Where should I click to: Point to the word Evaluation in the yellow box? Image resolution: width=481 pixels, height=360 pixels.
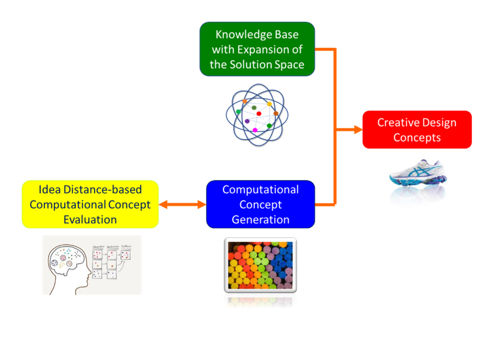90,220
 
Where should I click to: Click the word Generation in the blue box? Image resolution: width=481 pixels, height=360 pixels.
261,220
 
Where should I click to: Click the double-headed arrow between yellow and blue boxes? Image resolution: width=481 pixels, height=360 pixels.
182,205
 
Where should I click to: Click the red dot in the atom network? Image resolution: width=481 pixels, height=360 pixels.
259,114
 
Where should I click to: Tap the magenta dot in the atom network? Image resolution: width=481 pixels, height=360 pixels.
255,130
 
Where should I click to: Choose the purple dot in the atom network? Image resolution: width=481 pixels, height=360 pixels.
247,121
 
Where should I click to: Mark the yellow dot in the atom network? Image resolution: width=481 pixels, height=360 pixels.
269,104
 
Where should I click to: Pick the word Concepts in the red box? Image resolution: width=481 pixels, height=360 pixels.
417,138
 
